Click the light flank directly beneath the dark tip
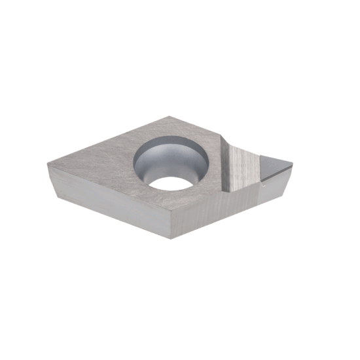[275, 187]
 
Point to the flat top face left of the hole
[98, 160]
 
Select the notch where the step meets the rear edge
[220, 135]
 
